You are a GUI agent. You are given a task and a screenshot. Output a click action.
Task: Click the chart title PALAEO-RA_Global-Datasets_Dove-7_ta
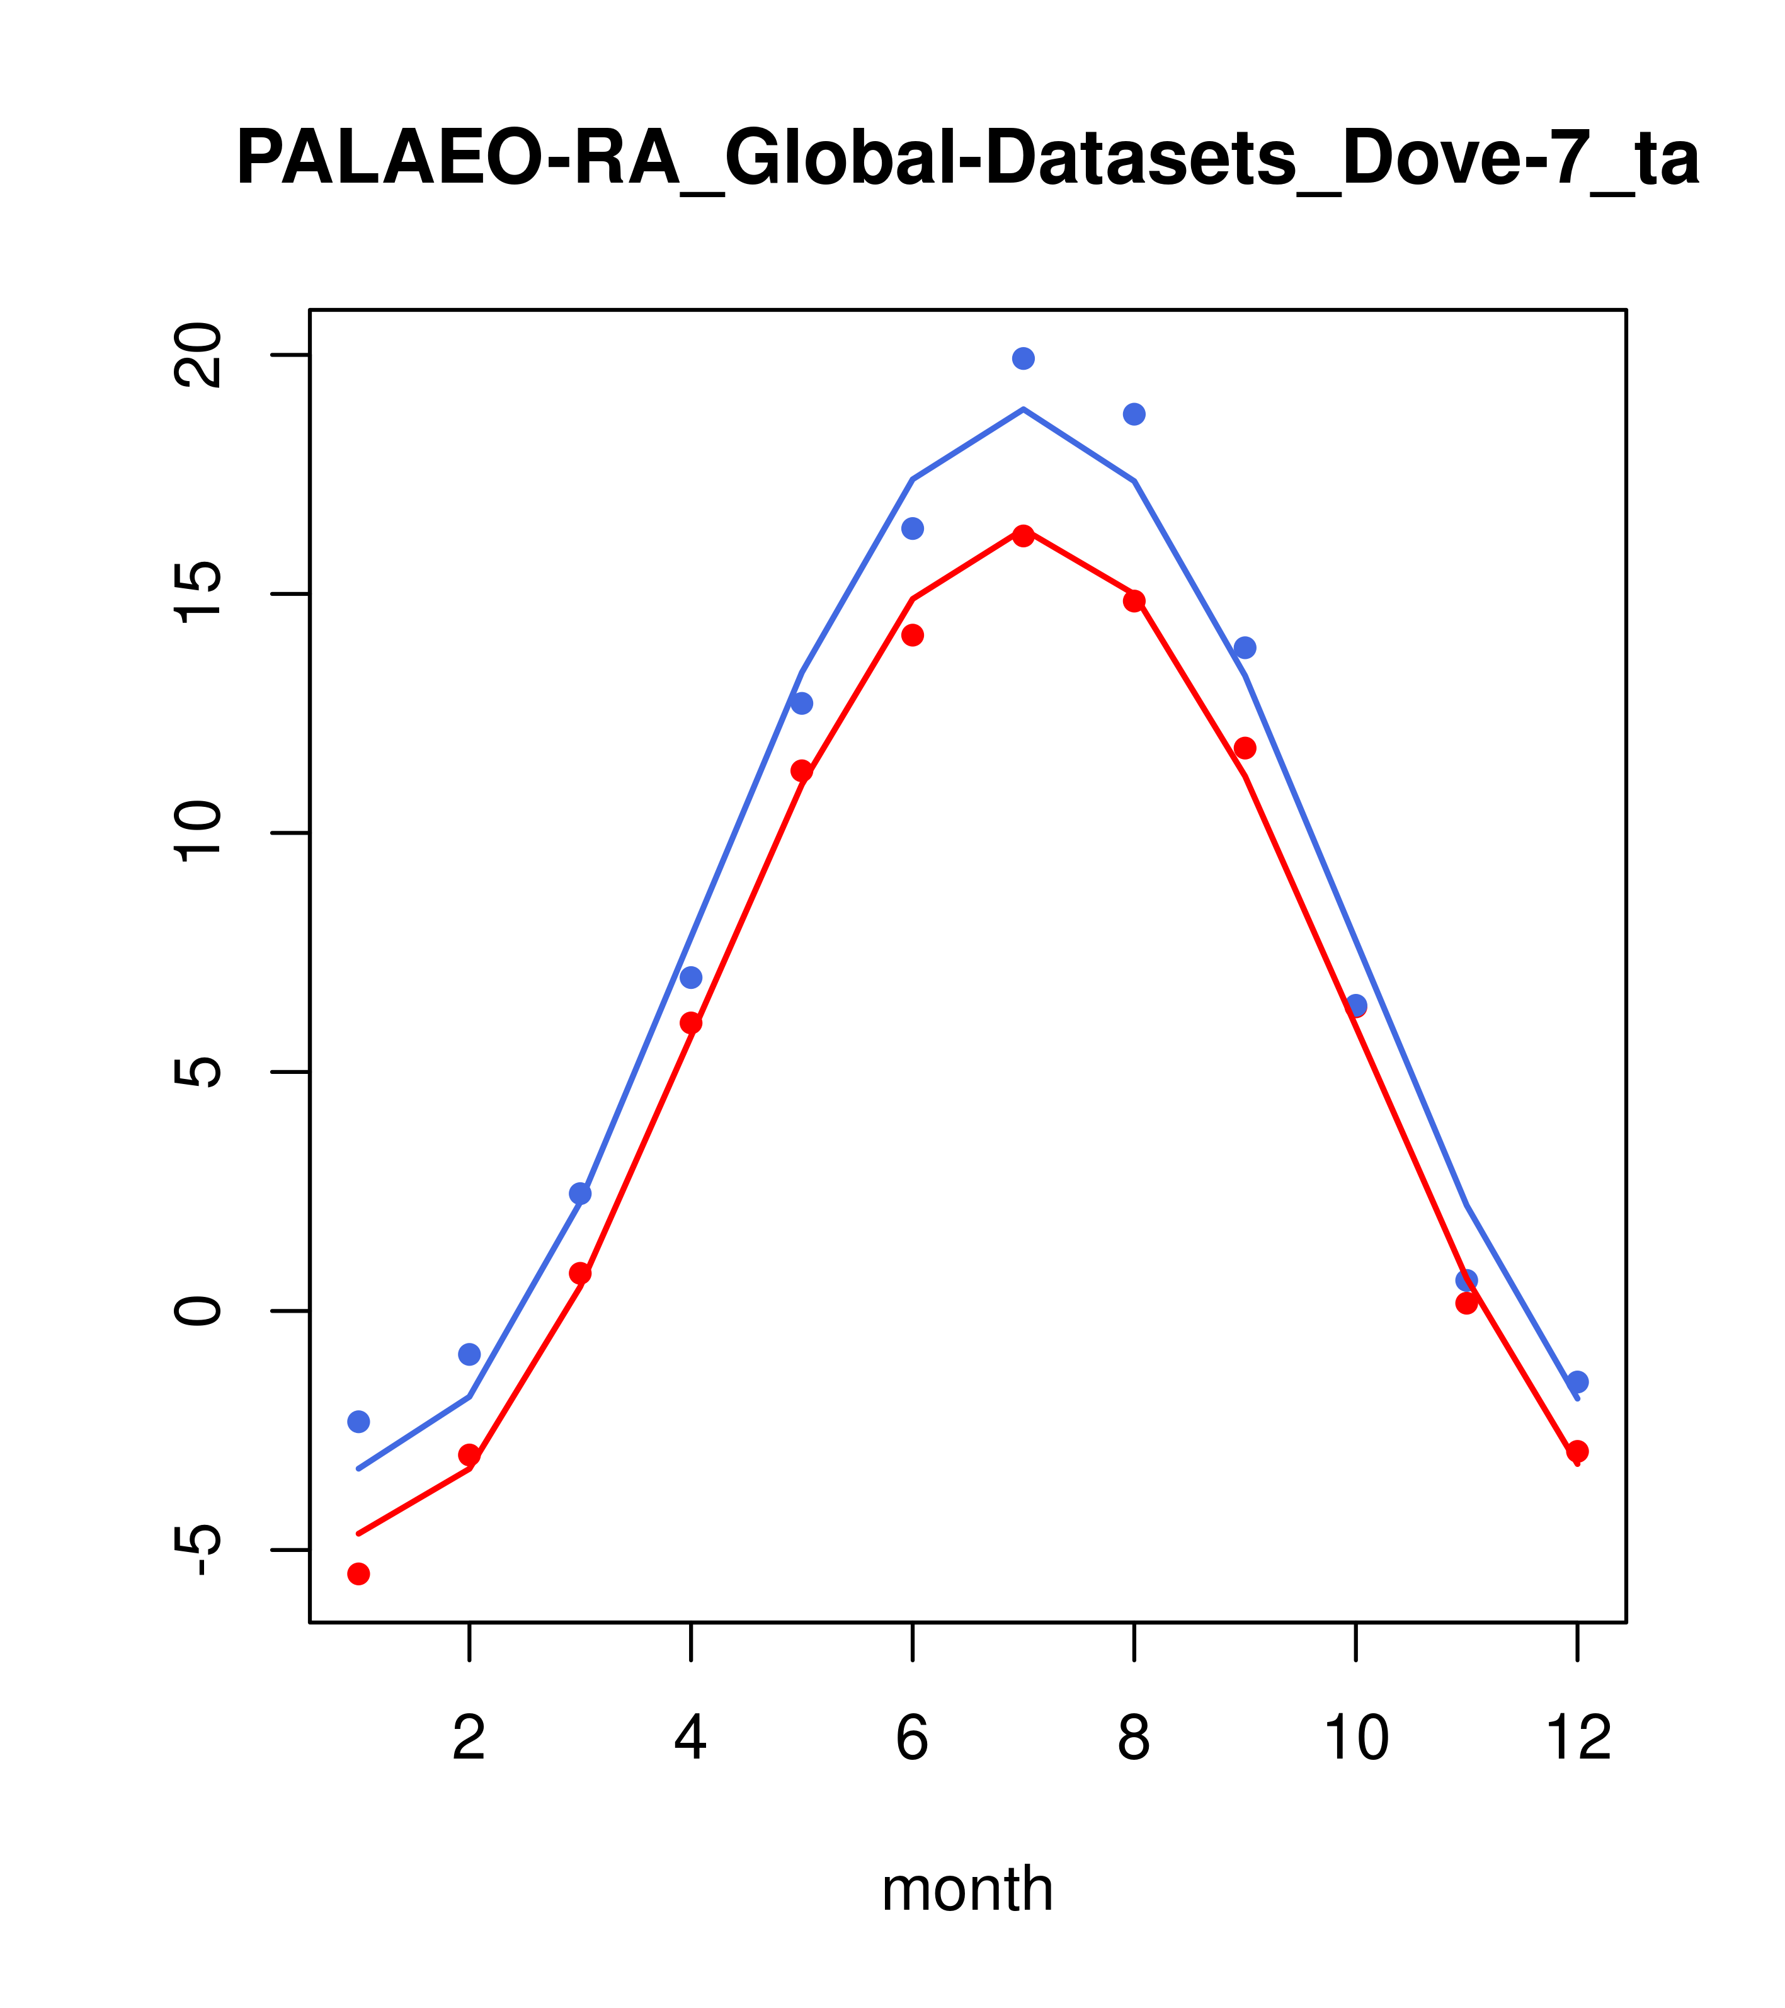point(967,159)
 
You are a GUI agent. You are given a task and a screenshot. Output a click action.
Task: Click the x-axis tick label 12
point(1578,1739)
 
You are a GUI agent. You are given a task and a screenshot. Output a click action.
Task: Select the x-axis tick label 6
point(913,1739)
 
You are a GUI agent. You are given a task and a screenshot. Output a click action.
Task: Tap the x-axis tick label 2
point(470,1739)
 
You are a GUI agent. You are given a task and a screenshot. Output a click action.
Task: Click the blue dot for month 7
point(1024,358)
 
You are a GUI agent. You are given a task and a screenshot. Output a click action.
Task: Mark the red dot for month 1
point(358,1574)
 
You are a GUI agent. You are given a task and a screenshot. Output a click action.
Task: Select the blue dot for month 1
point(358,1422)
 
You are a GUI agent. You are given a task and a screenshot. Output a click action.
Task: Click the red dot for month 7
point(1024,537)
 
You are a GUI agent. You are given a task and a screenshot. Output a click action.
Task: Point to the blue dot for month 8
point(1134,414)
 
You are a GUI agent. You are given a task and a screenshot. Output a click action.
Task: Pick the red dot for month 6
point(913,636)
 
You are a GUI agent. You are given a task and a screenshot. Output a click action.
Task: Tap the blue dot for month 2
point(470,1355)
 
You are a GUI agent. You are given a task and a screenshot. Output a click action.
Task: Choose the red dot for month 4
point(692,1023)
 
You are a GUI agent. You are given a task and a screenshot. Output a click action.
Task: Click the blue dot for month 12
point(1578,1382)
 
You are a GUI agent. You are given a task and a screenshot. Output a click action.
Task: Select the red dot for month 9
point(1246,748)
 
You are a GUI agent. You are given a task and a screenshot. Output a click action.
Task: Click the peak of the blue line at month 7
point(1024,409)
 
